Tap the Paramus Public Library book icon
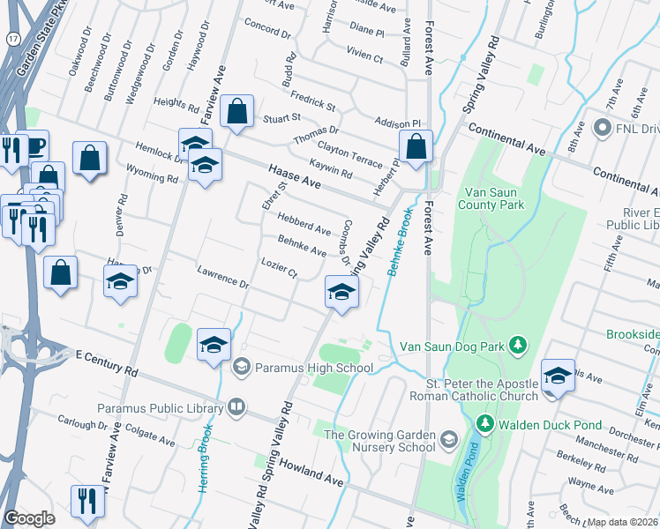click(x=236, y=406)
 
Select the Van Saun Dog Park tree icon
click(x=521, y=346)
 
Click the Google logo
click(x=29, y=518)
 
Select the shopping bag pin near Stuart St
click(x=236, y=113)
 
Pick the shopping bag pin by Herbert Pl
click(x=416, y=146)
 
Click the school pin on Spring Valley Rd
click(x=341, y=294)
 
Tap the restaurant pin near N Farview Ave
click(x=87, y=501)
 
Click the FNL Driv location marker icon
click(x=604, y=129)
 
